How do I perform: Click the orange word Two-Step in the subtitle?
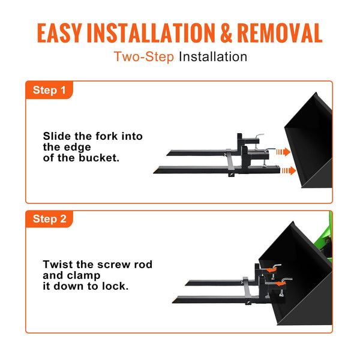point(144,57)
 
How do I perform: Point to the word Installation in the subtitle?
point(213,57)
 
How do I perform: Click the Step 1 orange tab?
point(49,91)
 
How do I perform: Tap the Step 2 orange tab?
point(49,219)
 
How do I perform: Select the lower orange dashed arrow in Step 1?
point(289,171)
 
